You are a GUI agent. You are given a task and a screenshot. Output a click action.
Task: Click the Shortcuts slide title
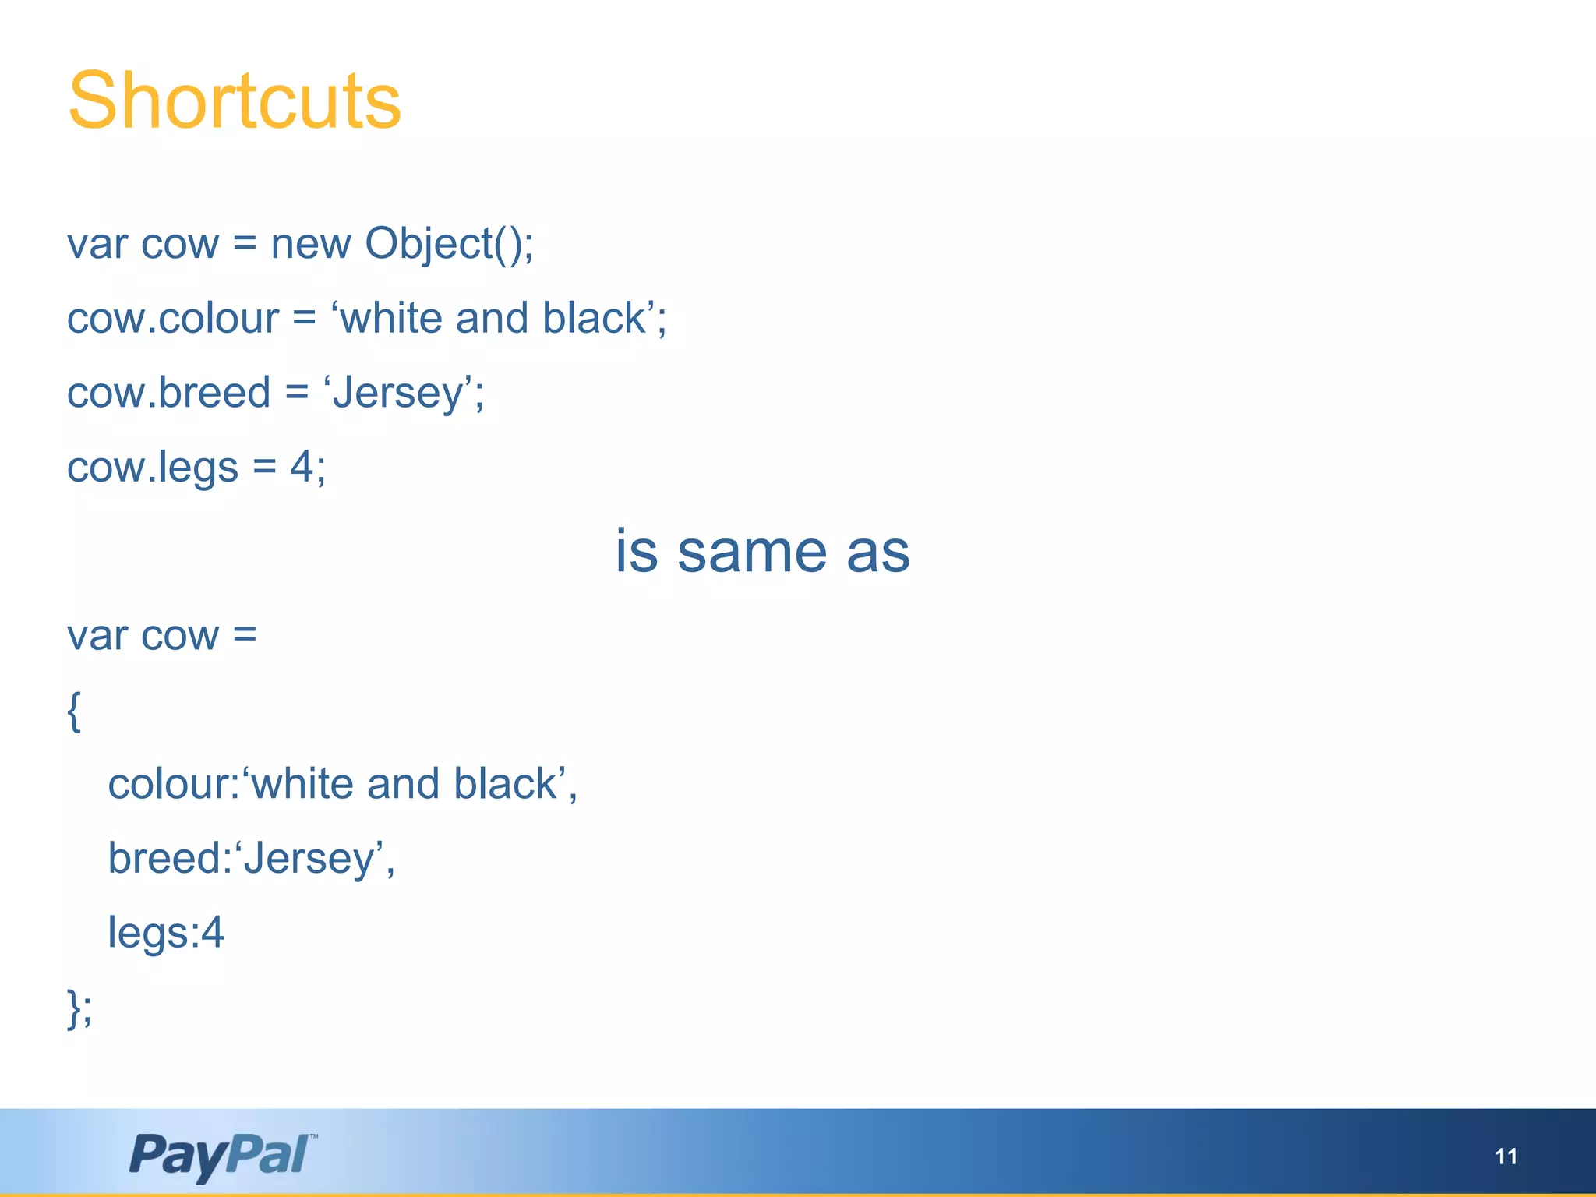pyautogui.click(x=234, y=101)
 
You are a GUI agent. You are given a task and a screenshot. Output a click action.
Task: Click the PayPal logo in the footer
pyautogui.click(x=222, y=1155)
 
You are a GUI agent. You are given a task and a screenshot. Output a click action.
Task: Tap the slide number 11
pyautogui.click(x=1506, y=1156)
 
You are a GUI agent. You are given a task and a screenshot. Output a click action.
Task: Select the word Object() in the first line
pyautogui.click(x=449, y=244)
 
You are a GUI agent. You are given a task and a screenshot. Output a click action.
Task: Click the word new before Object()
pyautogui.click(x=310, y=244)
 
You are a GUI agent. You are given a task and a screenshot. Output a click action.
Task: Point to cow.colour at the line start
pyautogui.click(x=172, y=319)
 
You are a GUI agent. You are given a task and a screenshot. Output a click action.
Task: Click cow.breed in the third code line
pyautogui.click(x=168, y=393)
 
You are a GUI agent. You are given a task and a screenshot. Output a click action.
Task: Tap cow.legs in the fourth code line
pyautogui.click(x=153, y=468)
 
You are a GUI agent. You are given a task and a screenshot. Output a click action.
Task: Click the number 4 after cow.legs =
pyautogui.click(x=302, y=467)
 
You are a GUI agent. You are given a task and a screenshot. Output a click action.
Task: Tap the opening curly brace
pyautogui.click(x=74, y=711)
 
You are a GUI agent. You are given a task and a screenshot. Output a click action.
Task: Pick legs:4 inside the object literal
pyautogui.click(x=166, y=933)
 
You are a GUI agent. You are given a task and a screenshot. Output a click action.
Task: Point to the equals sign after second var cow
pyautogui.click(x=245, y=636)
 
